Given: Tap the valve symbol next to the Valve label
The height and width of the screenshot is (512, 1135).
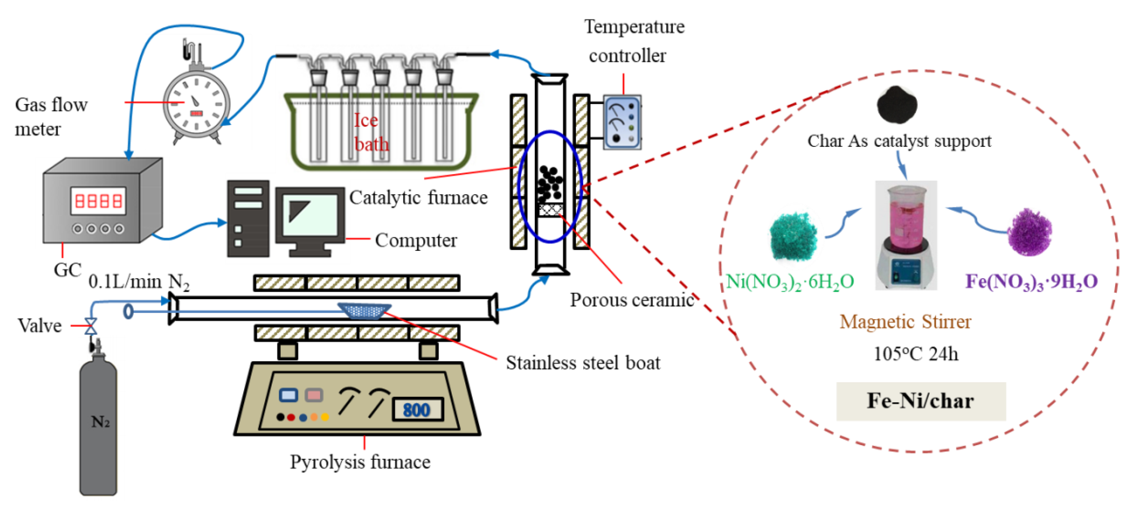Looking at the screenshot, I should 91,326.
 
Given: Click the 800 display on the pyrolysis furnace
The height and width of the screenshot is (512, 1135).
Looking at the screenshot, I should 416,409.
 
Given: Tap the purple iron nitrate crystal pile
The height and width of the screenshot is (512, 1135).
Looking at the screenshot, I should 1030,232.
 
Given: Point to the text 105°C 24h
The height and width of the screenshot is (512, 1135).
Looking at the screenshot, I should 916,354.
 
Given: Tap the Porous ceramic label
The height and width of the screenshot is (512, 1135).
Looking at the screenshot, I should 632,300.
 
